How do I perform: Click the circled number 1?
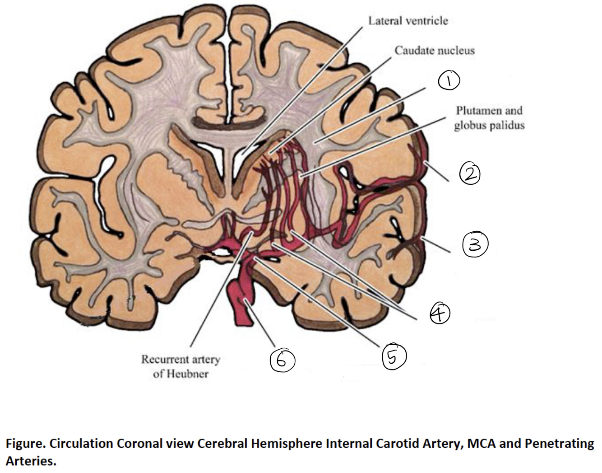[x=448, y=81]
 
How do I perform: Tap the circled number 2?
[x=469, y=174]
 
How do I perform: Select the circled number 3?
[x=475, y=244]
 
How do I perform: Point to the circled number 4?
[x=440, y=313]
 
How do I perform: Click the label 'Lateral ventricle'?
[x=408, y=21]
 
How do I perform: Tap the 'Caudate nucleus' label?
[x=435, y=51]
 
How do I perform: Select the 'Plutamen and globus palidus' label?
[x=489, y=117]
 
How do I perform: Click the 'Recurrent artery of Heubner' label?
[x=181, y=366]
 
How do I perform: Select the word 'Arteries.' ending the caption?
[x=31, y=462]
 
